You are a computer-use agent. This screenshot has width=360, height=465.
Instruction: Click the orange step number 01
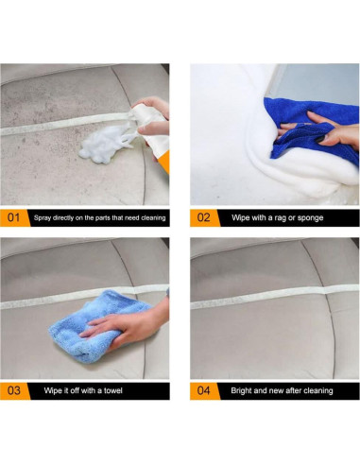(13, 217)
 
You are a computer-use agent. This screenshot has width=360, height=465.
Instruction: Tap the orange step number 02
(203, 217)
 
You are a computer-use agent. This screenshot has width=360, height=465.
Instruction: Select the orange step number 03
(14, 390)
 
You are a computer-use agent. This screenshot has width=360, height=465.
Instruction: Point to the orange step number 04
(203, 390)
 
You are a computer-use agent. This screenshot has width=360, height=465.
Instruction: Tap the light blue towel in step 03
(97, 326)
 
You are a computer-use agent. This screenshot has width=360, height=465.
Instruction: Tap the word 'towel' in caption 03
(113, 390)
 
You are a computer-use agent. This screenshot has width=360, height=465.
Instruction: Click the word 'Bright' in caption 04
(241, 391)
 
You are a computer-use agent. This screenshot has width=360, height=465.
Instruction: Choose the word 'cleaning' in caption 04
(318, 391)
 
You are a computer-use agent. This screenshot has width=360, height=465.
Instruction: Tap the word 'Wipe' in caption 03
(53, 390)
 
